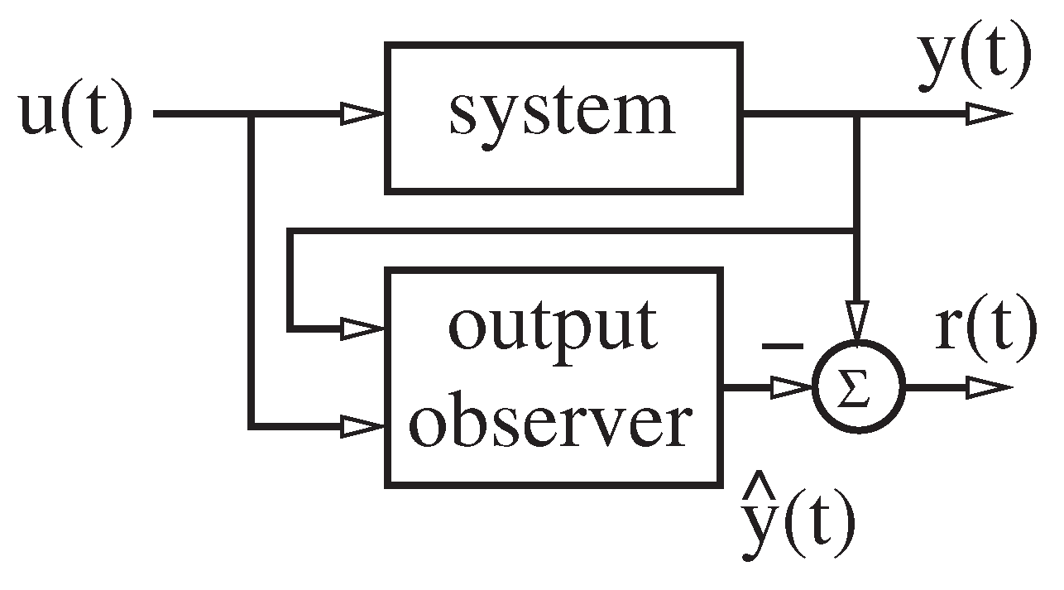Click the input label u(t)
[x=75, y=114]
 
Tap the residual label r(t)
[x=985, y=329]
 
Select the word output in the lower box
[x=553, y=326]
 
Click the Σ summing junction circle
[x=859, y=387]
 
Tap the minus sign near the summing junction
[x=781, y=346]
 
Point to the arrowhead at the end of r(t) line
[x=989, y=387]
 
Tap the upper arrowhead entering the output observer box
[x=364, y=329]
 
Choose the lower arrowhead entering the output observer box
[x=364, y=427]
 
